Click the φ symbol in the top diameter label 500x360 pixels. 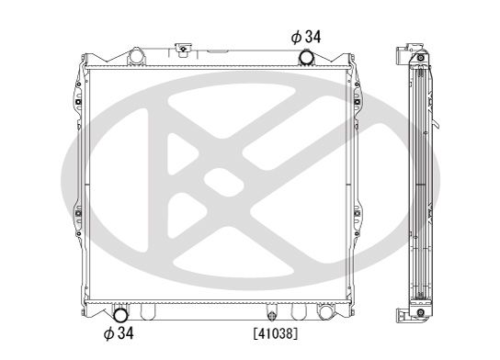[295, 36]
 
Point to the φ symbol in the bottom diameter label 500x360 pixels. [109, 332]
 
